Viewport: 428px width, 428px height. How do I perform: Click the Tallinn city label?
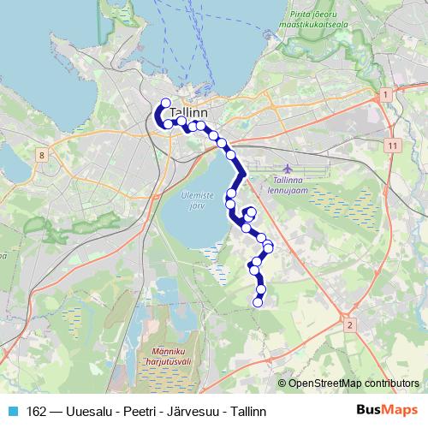(190, 112)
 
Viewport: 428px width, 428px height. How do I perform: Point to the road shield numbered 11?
(391, 146)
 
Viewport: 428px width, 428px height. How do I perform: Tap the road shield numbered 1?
(387, 93)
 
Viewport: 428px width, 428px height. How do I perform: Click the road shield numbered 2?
(349, 325)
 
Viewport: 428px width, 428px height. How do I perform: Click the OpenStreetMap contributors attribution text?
(353, 383)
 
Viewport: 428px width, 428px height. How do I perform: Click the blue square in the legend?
(12, 411)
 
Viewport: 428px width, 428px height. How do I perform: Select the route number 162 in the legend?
(37, 411)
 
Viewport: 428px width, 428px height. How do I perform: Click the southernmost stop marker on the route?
(258, 301)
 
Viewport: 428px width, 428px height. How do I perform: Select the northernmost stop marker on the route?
(165, 103)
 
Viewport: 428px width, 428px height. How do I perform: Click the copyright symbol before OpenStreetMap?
(282, 383)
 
